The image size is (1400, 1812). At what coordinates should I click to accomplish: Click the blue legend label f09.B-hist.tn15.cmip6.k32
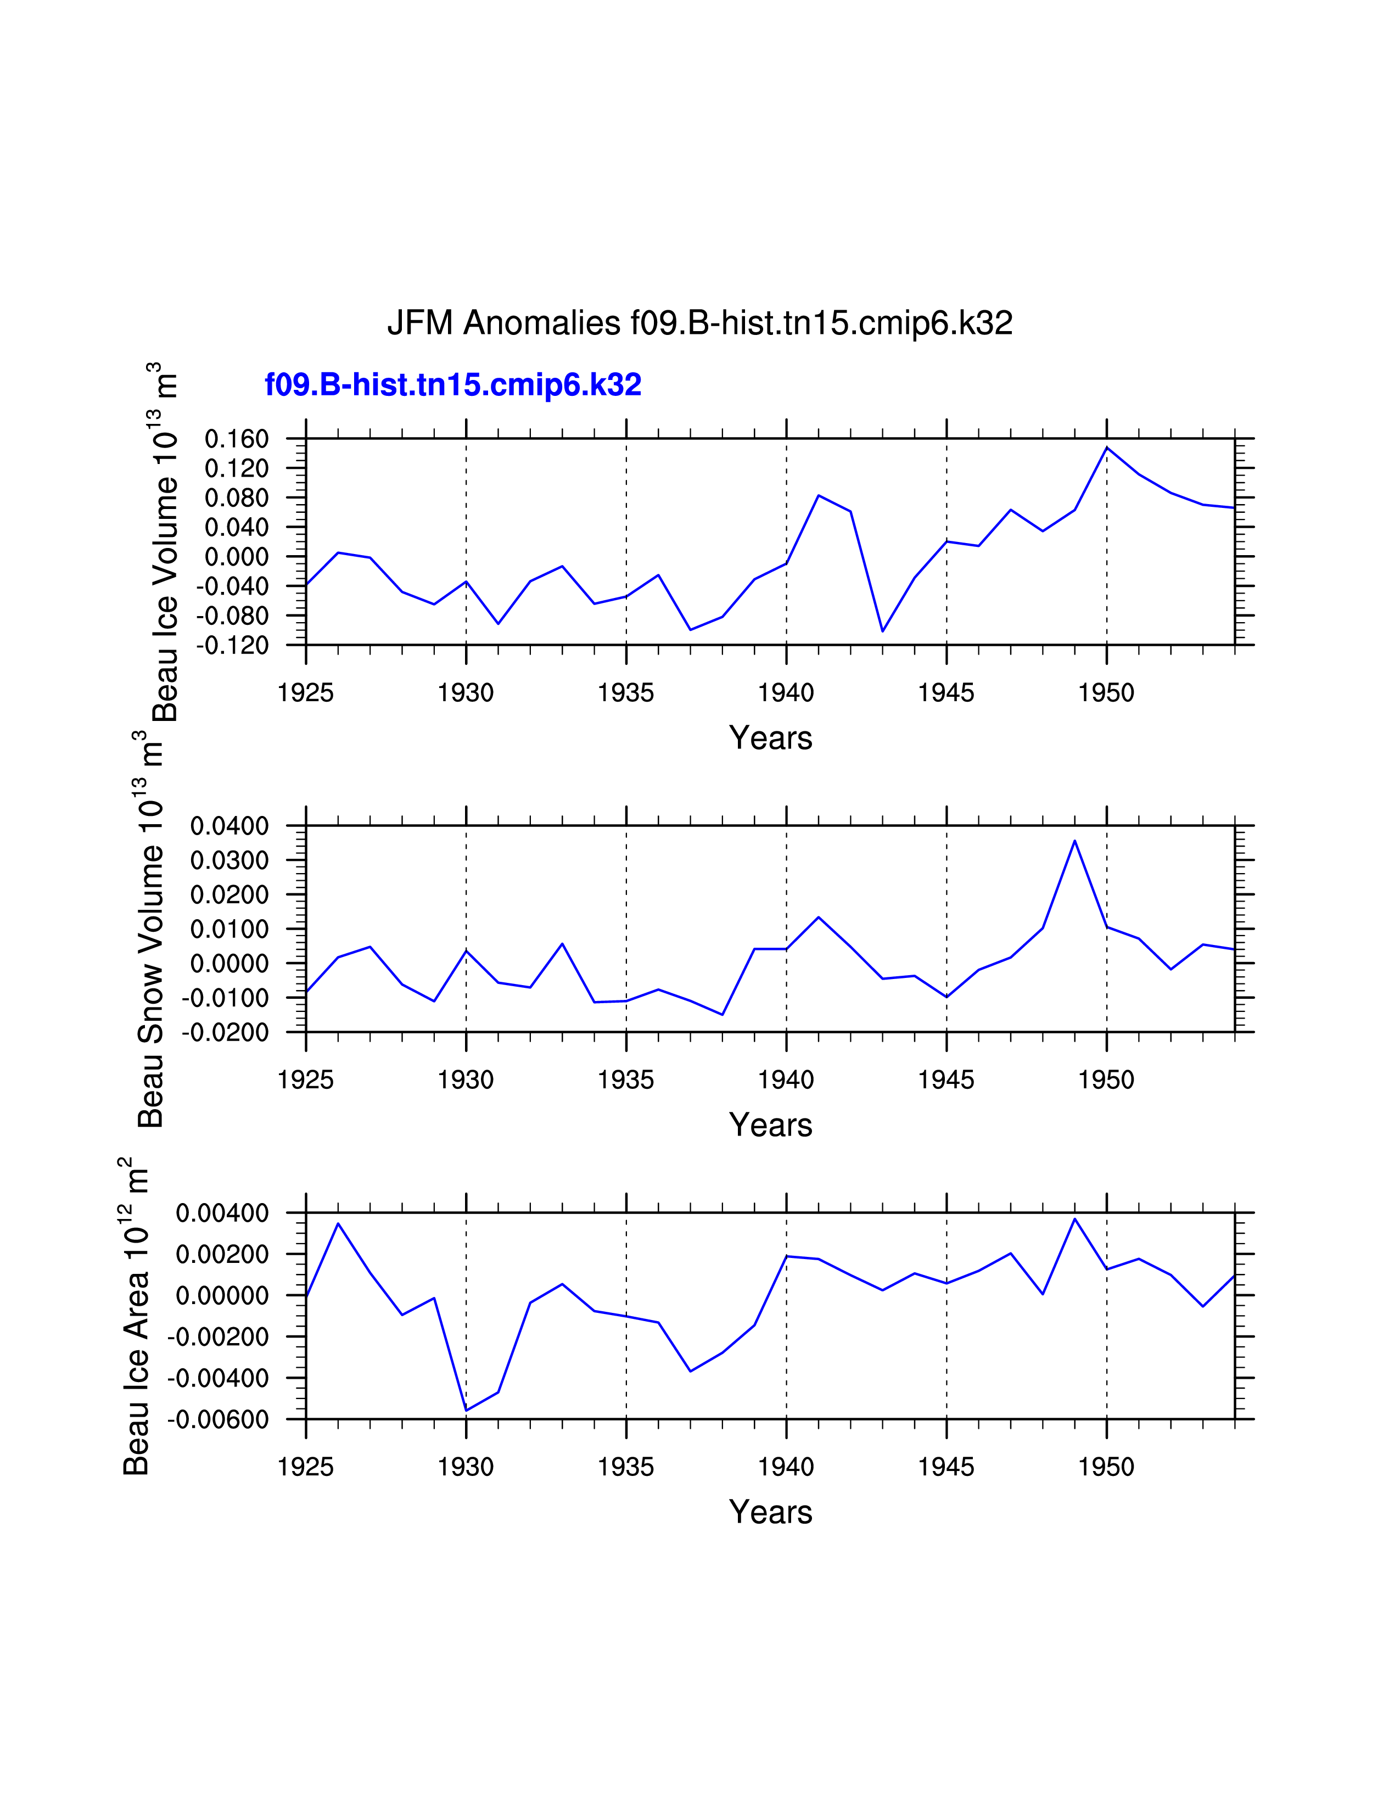click(453, 385)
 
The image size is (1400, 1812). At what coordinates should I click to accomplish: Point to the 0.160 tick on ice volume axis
click(237, 439)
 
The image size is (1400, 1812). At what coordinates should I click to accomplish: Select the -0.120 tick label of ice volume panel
click(232, 646)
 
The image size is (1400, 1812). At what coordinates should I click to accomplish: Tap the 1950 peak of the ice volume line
click(1106, 448)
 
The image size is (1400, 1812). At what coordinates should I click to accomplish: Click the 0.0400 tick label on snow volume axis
click(229, 826)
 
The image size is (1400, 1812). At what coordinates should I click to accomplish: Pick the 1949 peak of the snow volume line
click(1075, 841)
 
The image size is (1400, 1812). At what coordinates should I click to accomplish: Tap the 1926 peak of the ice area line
click(338, 1224)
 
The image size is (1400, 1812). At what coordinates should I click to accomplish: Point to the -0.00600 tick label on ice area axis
click(218, 1419)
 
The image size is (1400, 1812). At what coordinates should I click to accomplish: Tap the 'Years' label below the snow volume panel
click(770, 1125)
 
